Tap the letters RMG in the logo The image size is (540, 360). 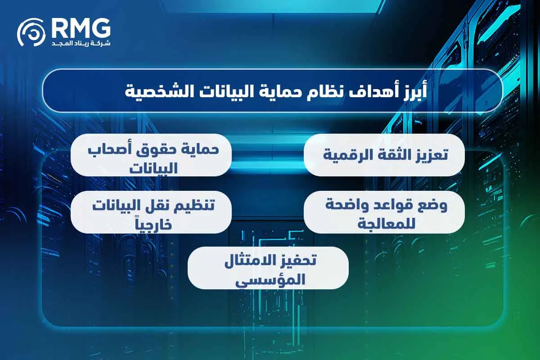click(81, 28)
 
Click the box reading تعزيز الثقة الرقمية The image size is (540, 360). click(384, 155)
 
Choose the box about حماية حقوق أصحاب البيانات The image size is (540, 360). click(151, 155)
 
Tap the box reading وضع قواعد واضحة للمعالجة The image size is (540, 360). click(384, 212)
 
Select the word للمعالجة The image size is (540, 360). click(385, 223)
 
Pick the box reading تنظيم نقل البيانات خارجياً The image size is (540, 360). click(151, 212)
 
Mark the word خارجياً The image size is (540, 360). click(151, 224)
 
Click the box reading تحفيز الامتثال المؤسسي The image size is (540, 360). click(268, 268)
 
